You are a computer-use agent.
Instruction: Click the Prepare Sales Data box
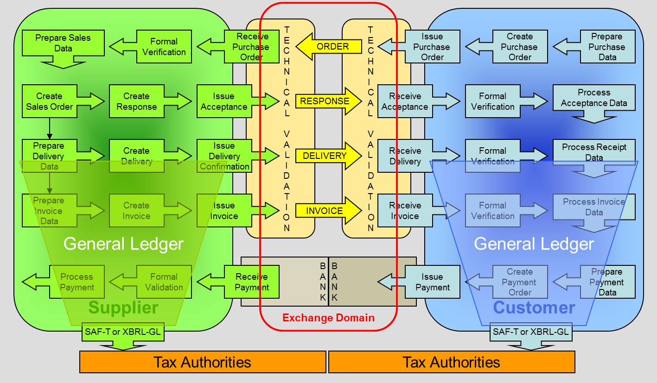point(63,43)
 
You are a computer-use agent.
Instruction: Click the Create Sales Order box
point(49,101)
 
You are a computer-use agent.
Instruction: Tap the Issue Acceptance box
point(224,101)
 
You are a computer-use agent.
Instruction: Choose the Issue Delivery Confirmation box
point(224,156)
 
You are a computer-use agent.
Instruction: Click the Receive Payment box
point(252,282)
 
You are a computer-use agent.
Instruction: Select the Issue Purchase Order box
point(432,46)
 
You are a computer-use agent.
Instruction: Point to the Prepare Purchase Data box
point(607,46)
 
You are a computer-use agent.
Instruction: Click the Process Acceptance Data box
point(594,98)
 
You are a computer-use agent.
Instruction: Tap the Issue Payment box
point(432,282)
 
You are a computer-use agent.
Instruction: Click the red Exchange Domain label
point(328,318)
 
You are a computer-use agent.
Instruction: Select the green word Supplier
point(123,308)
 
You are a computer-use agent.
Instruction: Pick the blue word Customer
point(534,308)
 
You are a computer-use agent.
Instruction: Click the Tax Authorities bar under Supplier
point(202,362)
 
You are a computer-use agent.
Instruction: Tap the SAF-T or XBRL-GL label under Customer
point(530,332)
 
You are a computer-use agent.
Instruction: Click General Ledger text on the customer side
point(534,244)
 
